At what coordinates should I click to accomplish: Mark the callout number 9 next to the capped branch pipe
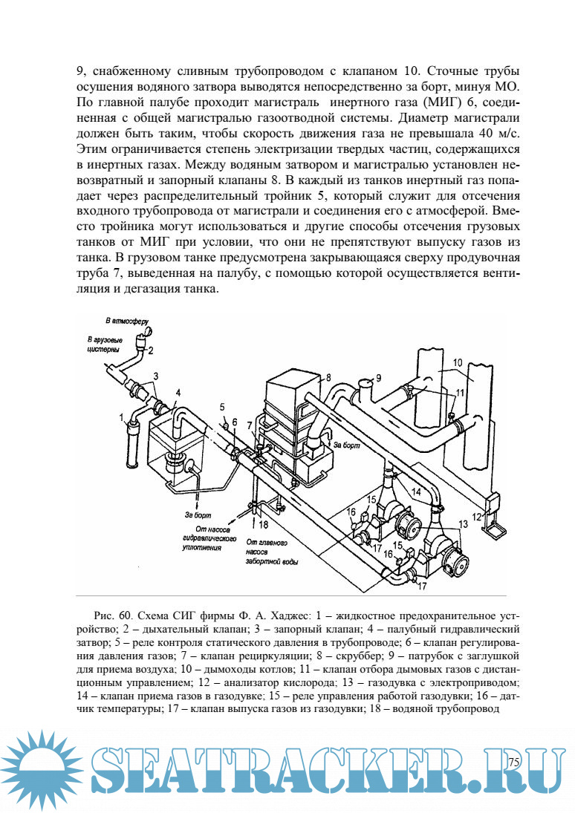click(378, 378)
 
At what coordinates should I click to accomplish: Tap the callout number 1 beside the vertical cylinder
click(122, 418)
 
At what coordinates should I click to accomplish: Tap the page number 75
click(514, 763)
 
